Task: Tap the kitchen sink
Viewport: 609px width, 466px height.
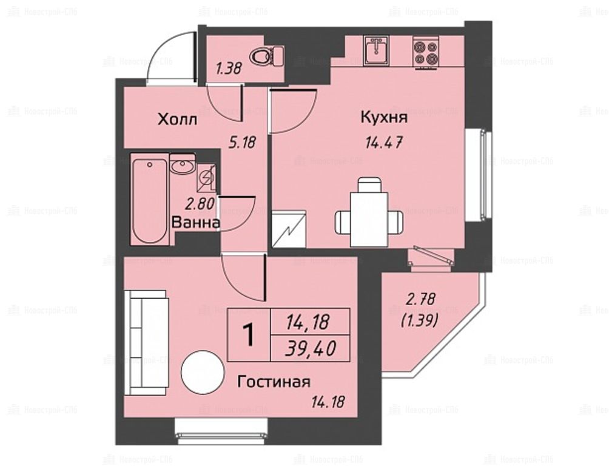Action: point(376,50)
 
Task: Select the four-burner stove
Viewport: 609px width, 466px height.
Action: point(426,52)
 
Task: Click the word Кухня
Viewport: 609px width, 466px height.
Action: point(384,117)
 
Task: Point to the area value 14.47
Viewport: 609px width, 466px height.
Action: point(383,143)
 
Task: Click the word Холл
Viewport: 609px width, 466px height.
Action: point(178,120)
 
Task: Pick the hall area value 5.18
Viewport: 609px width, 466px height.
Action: point(243,143)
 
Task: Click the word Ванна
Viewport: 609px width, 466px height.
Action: point(196,223)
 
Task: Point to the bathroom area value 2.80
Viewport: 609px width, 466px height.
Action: point(200,204)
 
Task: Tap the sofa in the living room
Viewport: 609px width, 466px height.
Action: point(146,342)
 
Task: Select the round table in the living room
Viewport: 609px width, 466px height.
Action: point(203,373)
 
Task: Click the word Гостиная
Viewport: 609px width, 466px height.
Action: point(274,382)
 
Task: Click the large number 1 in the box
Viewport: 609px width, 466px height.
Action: point(249,335)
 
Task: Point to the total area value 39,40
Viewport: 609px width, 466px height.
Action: point(311,349)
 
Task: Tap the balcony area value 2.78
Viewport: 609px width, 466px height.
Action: point(420,299)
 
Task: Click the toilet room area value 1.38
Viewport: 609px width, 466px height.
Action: point(229,69)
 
